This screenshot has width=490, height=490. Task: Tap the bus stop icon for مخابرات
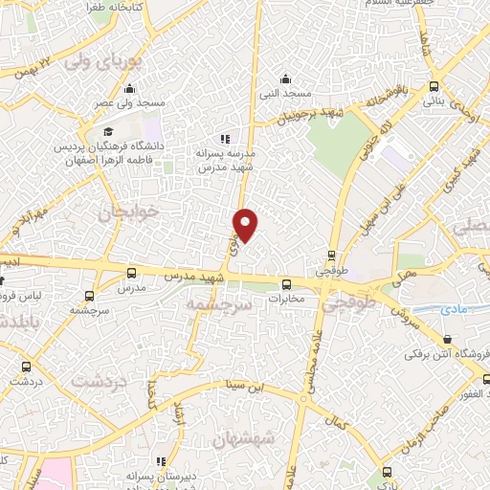[x=286, y=283]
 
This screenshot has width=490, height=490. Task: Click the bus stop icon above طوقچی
[x=331, y=256]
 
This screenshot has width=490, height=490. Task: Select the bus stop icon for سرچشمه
[x=89, y=296]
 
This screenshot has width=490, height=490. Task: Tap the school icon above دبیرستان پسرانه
[x=160, y=460]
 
